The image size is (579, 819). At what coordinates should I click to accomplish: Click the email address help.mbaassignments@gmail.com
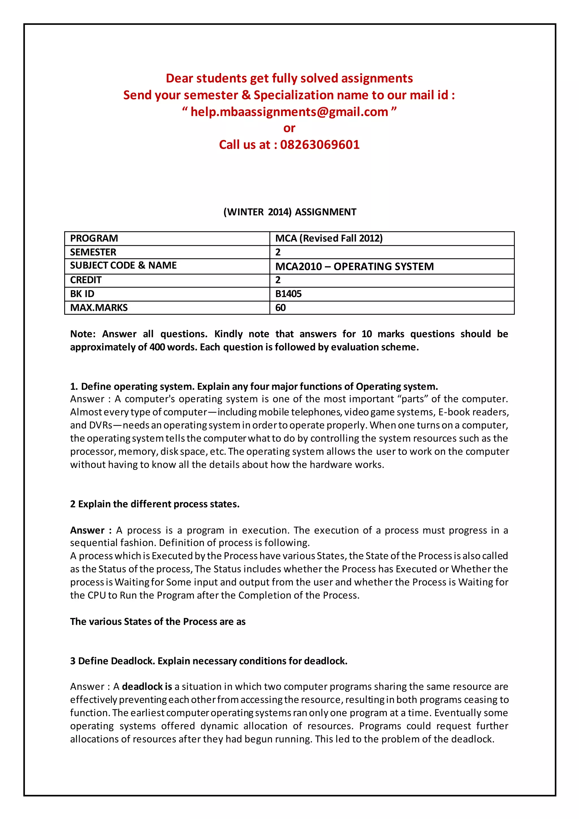click(289, 112)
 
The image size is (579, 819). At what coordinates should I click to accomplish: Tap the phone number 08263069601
click(320, 145)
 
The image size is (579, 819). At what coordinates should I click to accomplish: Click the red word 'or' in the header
click(289, 128)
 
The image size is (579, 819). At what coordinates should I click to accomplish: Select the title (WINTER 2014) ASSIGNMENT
click(289, 212)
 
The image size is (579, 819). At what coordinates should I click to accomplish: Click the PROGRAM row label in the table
click(94, 238)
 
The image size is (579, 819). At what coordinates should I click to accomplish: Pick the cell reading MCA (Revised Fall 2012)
click(329, 238)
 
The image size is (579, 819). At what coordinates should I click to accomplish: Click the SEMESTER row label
click(93, 252)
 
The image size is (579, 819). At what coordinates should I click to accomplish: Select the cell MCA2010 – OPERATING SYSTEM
click(355, 266)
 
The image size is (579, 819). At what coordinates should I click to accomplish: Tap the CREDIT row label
click(86, 280)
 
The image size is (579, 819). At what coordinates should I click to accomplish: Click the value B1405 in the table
click(288, 294)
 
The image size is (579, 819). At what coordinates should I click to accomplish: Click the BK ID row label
click(82, 294)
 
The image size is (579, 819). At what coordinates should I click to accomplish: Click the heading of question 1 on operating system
click(254, 386)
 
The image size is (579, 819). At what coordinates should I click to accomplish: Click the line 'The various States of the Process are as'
click(157, 621)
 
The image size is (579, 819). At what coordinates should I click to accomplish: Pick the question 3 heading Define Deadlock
click(209, 661)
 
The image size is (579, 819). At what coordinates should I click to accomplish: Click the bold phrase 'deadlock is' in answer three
click(147, 686)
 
